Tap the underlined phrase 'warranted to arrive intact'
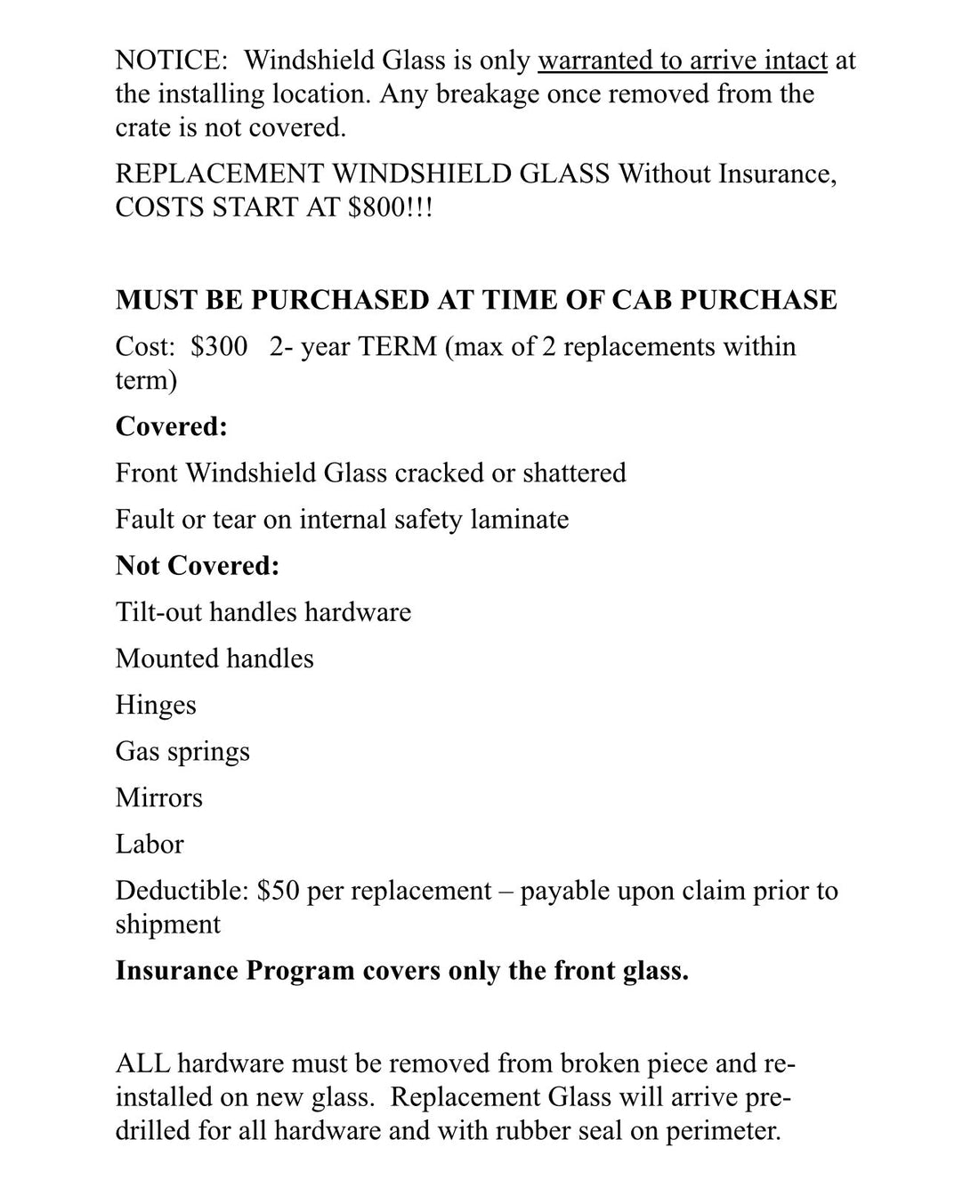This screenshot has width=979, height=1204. [x=683, y=61]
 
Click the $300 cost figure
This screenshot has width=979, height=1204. [x=219, y=346]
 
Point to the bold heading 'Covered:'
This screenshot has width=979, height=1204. [x=172, y=426]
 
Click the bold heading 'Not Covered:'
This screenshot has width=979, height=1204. [x=198, y=565]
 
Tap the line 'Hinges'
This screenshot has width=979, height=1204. [x=156, y=705]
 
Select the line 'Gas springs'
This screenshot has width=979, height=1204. [x=182, y=752]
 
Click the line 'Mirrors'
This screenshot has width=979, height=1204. [x=159, y=797]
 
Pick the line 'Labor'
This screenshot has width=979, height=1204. [x=150, y=844]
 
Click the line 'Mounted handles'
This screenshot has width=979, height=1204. [x=214, y=659]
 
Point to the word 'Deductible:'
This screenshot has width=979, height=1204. [x=182, y=891]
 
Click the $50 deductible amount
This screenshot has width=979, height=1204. [x=277, y=891]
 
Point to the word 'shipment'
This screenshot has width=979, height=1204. [x=168, y=925]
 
